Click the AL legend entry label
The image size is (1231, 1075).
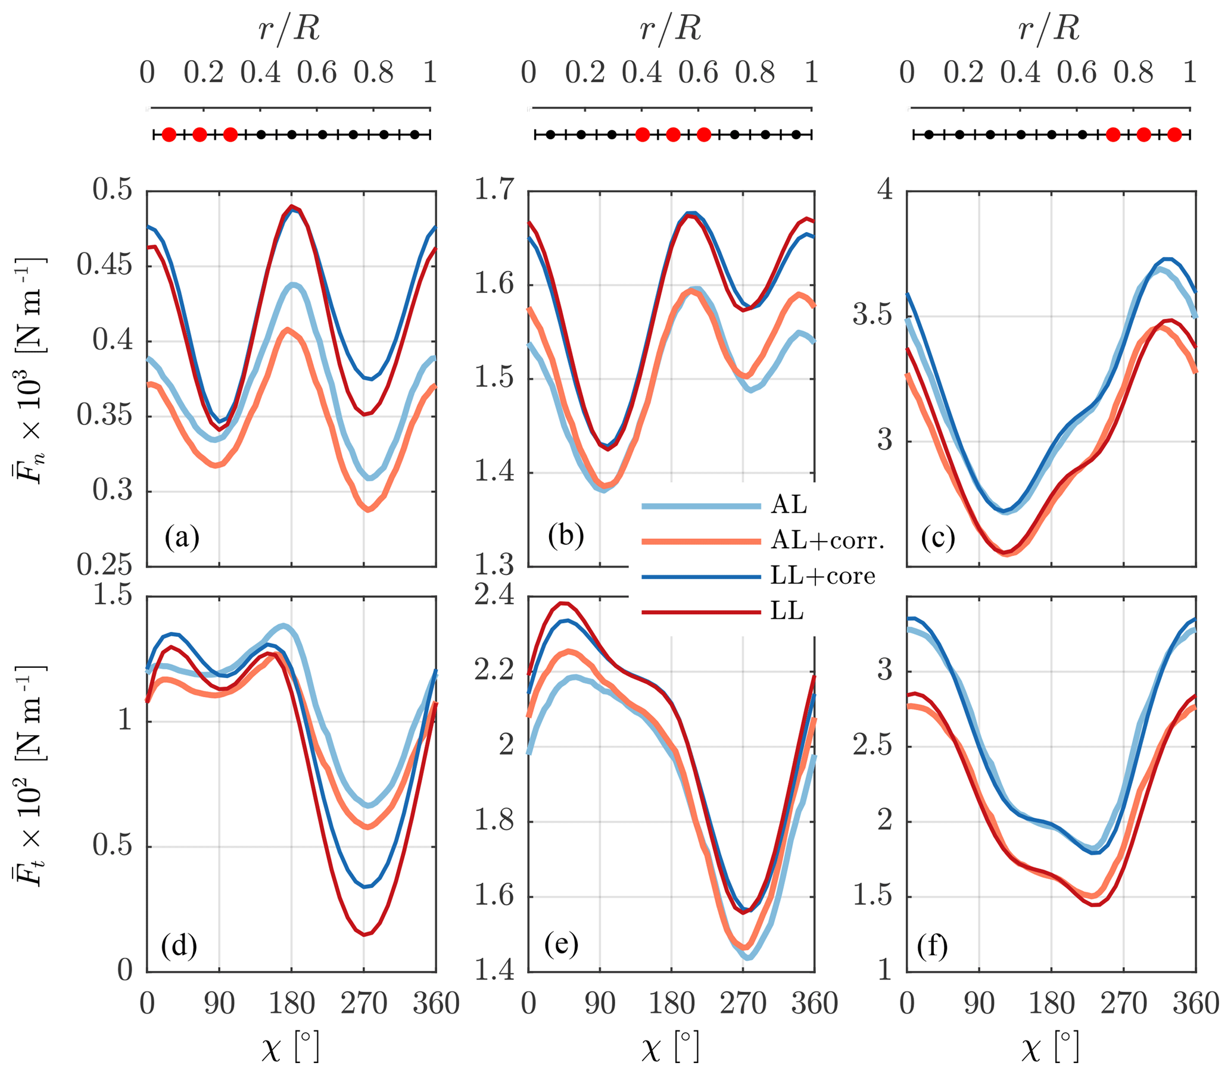tap(789, 505)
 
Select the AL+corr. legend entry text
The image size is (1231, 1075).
tap(828, 540)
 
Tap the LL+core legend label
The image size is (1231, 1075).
tap(823, 576)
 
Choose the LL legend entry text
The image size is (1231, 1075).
tap(787, 611)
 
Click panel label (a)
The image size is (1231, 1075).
tap(182, 536)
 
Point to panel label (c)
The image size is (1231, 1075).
tap(938, 537)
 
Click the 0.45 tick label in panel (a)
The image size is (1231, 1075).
tap(104, 264)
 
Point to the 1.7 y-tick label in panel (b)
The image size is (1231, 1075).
tap(494, 189)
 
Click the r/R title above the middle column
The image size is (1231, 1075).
tap(671, 28)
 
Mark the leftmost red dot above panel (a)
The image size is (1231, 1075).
tap(169, 135)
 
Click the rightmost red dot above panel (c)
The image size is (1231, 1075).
tap(1174, 135)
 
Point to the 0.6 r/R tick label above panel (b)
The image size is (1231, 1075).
tap(699, 73)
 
